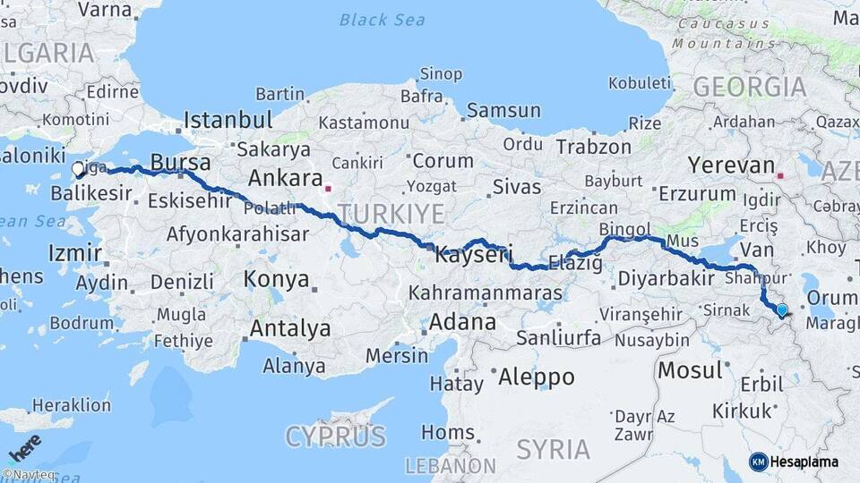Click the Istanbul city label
pos(228,119)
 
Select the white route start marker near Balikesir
pos(77,168)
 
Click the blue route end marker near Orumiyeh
pos(782,310)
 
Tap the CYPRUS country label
pos(336,436)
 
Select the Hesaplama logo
pos(794,462)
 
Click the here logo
pos(25,448)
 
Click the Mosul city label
pos(690,369)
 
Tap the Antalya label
pos(289,328)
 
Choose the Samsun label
pos(503,111)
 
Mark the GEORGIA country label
pos(749,87)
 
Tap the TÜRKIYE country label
pos(391,213)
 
